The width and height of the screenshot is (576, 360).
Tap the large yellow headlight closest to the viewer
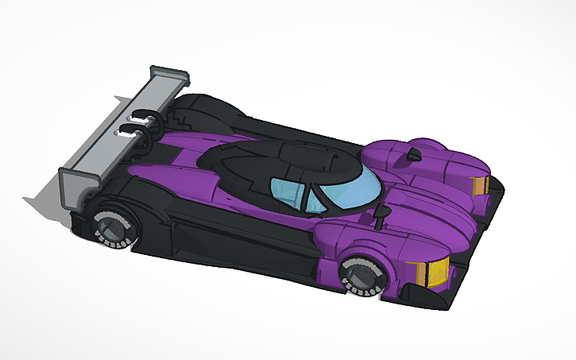click(434, 272)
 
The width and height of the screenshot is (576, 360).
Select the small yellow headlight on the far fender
click(480, 185)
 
